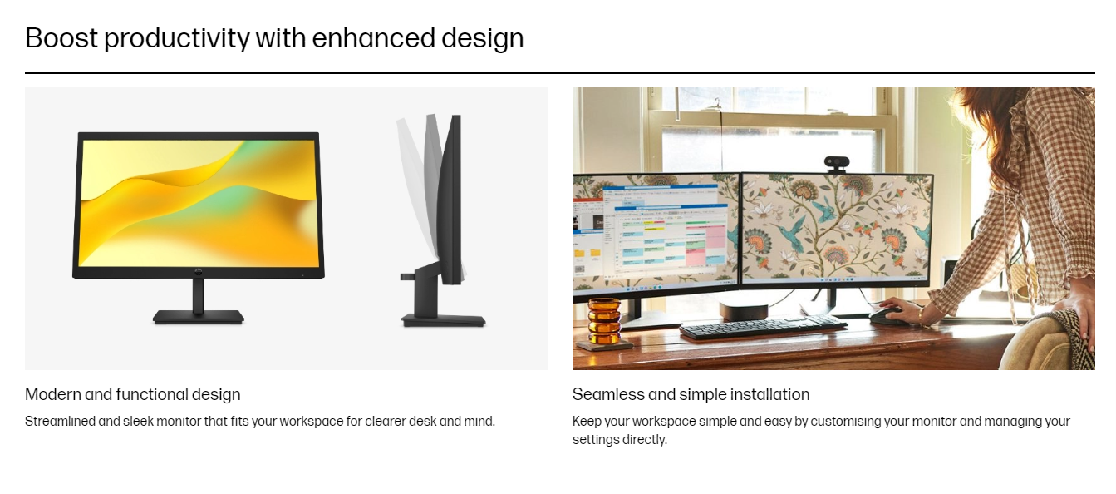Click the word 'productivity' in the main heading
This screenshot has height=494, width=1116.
[x=177, y=39]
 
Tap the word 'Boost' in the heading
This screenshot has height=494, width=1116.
[x=61, y=38]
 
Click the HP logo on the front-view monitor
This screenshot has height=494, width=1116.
[x=199, y=272]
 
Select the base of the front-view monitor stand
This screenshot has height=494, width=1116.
[x=199, y=317]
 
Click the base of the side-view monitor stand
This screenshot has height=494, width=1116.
[x=444, y=320]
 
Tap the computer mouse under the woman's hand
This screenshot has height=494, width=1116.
[x=887, y=314]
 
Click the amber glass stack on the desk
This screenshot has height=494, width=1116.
[x=604, y=321]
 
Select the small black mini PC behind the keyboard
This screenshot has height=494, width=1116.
[x=740, y=310]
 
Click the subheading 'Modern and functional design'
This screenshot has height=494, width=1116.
[x=132, y=394]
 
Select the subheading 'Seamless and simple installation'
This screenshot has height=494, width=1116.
[x=691, y=394]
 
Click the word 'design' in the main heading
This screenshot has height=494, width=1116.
[x=482, y=39]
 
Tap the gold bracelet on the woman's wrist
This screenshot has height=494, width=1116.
[x=922, y=316]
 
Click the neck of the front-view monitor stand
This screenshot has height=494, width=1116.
[x=199, y=295]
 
